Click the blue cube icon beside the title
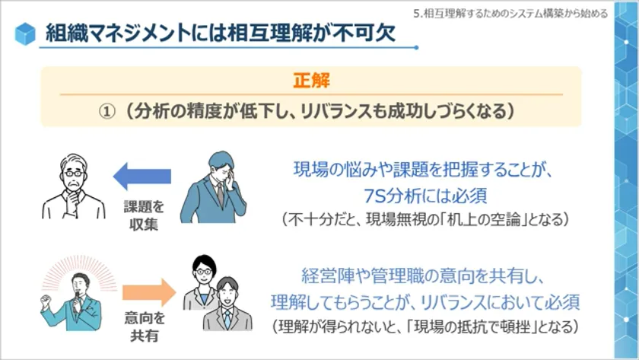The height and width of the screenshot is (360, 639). tap(25, 33)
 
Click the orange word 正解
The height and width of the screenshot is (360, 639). tap(311, 81)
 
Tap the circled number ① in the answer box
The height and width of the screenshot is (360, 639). tap(107, 111)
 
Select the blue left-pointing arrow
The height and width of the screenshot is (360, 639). tap(141, 176)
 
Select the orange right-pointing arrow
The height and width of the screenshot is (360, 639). tap(149, 292)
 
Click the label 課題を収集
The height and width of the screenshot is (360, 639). tap(144, 215)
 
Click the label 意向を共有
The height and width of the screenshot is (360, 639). tap(145, 327)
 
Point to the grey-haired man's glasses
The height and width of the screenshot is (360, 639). tap(74, 174)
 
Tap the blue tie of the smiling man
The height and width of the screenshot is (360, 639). tap(227, 318)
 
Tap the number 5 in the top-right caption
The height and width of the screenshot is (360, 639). tap(416, 14)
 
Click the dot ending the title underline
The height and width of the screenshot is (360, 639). tap(416, 48)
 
